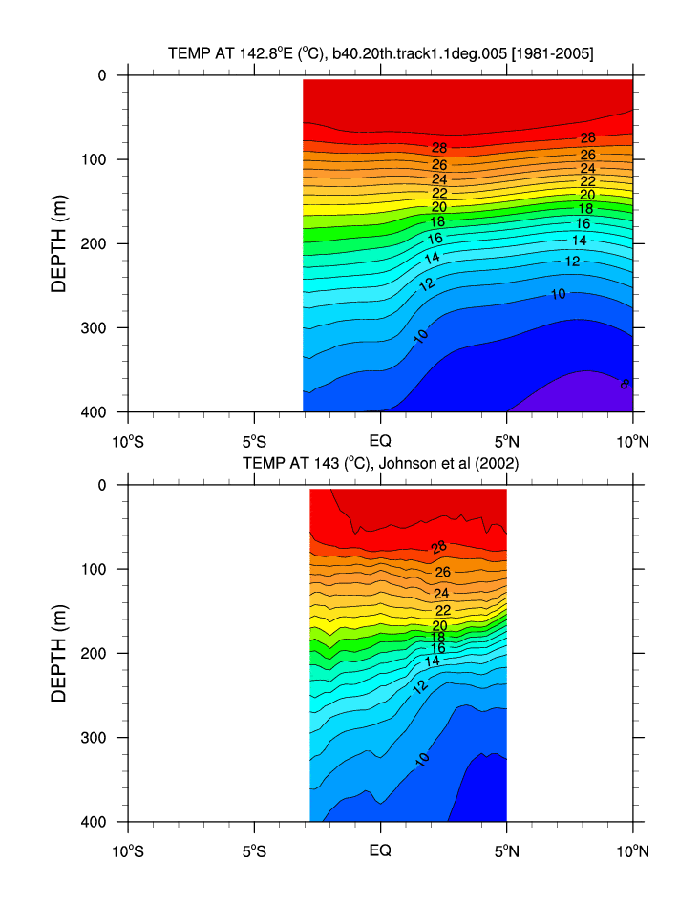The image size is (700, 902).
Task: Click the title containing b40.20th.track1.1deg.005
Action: tap(380, 55)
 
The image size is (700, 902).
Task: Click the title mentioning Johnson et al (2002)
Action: tap(380, 464)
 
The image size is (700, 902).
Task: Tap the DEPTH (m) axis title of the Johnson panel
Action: tap(59, 653)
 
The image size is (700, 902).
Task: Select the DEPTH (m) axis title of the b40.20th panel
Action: tap(59, 243)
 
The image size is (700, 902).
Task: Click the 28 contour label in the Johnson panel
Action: tap(439, 548)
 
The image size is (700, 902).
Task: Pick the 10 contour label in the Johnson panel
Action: tap(422, 759)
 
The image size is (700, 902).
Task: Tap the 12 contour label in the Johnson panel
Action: tap(420, 685)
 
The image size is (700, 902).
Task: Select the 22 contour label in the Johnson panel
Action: tap(443, 610)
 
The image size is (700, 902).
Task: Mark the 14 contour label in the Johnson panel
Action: tap(433, 661)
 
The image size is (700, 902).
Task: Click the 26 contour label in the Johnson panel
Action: tap(442, 572)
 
